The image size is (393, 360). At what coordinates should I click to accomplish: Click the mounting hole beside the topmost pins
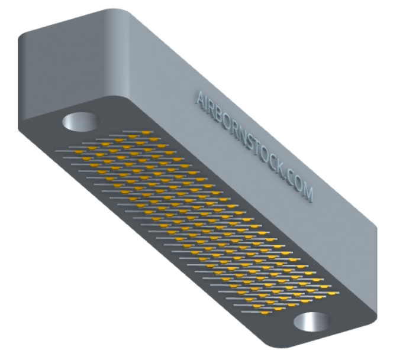pos(80,122)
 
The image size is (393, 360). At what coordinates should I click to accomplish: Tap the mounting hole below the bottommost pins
pos(311,322)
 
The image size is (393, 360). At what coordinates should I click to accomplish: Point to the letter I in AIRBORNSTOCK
pos(208,104)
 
